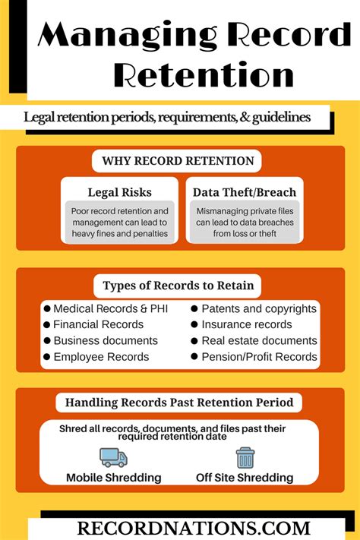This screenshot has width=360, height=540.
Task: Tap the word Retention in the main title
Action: pos(204,74)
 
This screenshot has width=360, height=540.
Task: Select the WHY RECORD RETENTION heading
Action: pos(178,161)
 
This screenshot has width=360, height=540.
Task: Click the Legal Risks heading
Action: pos(119,192)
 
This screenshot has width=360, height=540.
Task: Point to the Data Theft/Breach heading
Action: pos(245,192)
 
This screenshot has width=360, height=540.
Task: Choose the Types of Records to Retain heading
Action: pos(178,286)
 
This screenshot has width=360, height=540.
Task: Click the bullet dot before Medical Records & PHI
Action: pos(47,308)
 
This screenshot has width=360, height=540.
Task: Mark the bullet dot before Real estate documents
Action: pos(194,341)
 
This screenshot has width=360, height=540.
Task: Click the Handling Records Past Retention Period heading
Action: pos(179,403)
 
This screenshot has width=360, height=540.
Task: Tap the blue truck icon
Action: pos(114,458)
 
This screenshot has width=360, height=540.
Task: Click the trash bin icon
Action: pos(245,458)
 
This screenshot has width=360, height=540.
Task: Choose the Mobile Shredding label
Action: pos(114,478)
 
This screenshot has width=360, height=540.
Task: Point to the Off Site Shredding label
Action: pos(245,478)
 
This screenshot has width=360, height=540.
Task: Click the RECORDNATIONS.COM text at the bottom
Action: pos(194,529)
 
